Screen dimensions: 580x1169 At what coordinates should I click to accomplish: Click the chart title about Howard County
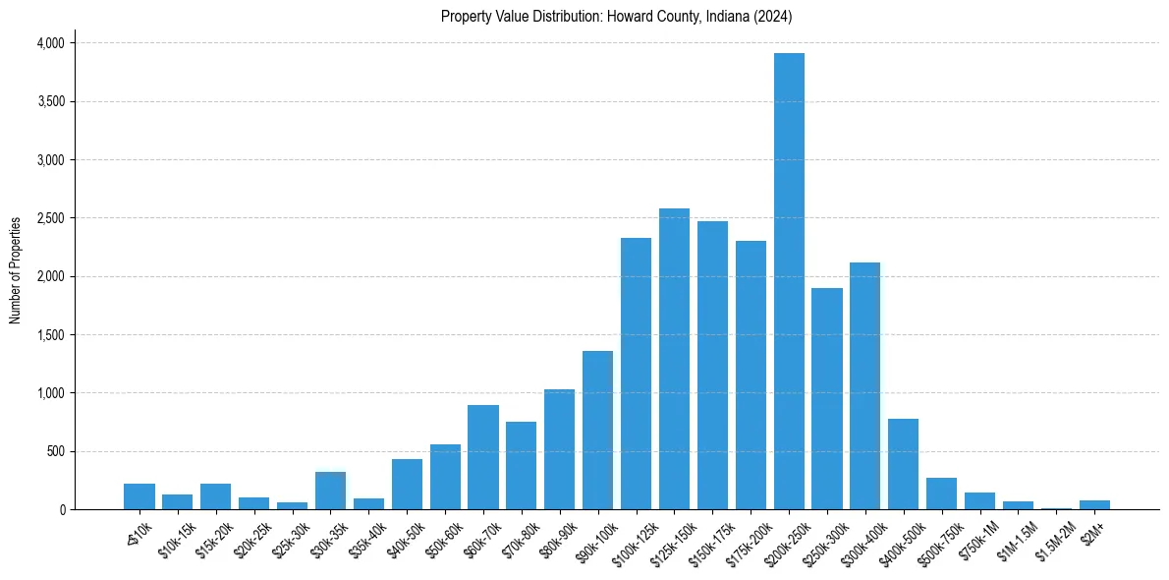point(616,17)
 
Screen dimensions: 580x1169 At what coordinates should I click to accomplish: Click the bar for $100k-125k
point(636,374)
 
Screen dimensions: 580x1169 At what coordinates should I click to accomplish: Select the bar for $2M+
point(1094,505)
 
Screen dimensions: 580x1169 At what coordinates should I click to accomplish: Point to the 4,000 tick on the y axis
point(50,43)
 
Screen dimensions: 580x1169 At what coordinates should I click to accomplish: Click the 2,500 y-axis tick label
point(50,218)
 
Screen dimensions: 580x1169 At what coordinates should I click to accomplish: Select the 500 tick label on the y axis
point(55,451)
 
